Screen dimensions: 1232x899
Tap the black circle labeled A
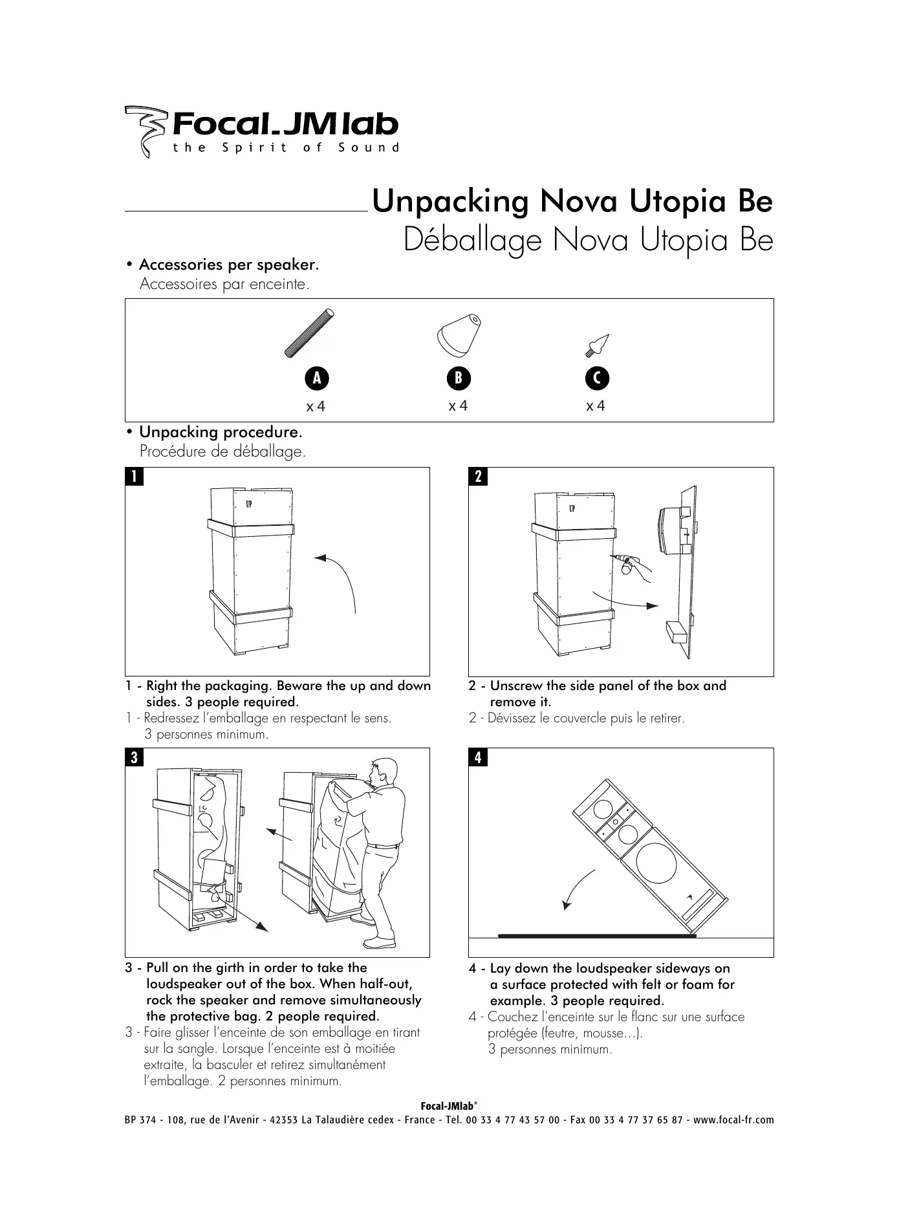click(x=317, y=378)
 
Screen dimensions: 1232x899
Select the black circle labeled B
click(x=459, y=378)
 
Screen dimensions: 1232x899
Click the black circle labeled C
click(x=598, y=378)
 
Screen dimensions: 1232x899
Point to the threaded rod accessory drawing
click(x=310, y=333)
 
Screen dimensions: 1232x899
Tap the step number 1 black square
click(x=134, y=477)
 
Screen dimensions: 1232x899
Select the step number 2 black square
click(x=478, y=477)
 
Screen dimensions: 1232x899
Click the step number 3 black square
click(x=134, y=757)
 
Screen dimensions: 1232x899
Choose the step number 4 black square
click(x=478, y=757)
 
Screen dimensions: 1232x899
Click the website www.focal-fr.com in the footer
click(x=733, y=1120)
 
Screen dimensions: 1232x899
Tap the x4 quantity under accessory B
click(x=458, y=406)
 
